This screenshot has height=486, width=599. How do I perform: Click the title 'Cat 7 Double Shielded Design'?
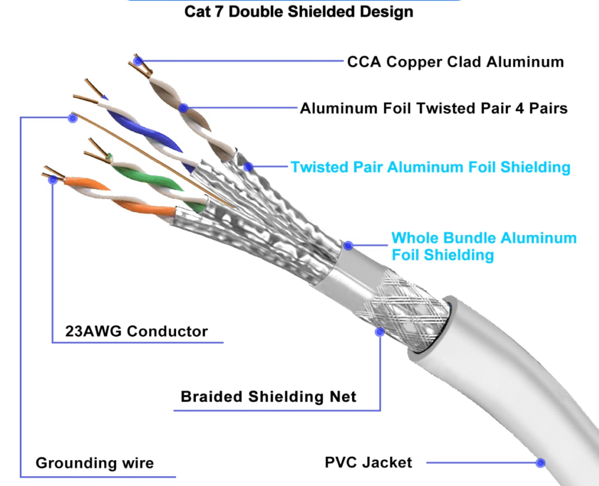[x=299, y=12]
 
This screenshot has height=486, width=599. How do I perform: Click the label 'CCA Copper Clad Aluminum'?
[x=455, y=61]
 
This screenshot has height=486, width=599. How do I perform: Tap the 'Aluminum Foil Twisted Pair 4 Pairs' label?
[x=433, y=108]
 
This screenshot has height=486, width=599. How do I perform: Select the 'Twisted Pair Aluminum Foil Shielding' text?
[x=431, y=167]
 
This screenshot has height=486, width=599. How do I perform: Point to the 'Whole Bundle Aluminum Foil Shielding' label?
[x=483, y=246]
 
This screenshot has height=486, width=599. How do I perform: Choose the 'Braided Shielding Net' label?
[x=268, y=397]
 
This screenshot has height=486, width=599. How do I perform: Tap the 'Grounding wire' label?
[x=95, y=463]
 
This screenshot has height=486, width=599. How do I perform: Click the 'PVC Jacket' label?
[x=369, y=463]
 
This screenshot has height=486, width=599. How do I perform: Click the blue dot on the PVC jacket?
[x=541, y=463]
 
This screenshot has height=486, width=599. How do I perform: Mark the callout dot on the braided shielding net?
[x=380, y=332]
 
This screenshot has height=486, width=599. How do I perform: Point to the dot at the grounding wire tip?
[x=73, y=118]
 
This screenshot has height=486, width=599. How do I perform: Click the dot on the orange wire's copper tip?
[x=53, y=180]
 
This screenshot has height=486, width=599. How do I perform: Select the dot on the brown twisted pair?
[x=184, y=108]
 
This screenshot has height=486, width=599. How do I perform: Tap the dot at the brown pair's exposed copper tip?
[x=138, y=60]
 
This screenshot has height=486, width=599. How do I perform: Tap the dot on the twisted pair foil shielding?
[x=249, y=167]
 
